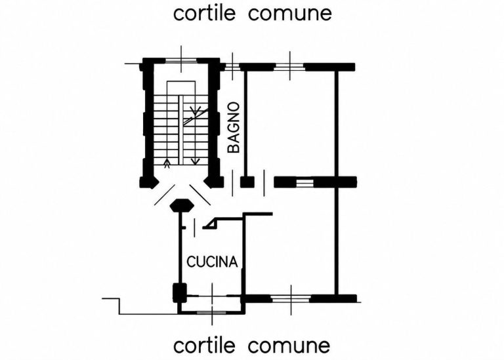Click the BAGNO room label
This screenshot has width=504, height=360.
234,127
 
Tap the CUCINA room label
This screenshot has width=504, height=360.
212,262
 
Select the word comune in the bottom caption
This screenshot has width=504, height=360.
289,346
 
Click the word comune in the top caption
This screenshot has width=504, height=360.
290,14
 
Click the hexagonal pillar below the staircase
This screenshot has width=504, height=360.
182,205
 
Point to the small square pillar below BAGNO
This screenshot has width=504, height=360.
247,182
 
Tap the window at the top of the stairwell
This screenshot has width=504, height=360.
181,60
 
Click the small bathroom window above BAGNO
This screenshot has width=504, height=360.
232,67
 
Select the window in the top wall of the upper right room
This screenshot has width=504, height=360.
289,67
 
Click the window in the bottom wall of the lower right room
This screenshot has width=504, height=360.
291,299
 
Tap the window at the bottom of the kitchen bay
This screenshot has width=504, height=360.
211,313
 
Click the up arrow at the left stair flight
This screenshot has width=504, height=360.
167,163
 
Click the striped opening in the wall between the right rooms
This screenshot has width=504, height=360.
304,183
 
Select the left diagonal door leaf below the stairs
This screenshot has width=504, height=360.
165,195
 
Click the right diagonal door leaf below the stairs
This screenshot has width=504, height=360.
200,195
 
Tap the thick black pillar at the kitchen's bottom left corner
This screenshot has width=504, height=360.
179,292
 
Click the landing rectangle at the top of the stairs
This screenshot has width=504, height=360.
181,88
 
